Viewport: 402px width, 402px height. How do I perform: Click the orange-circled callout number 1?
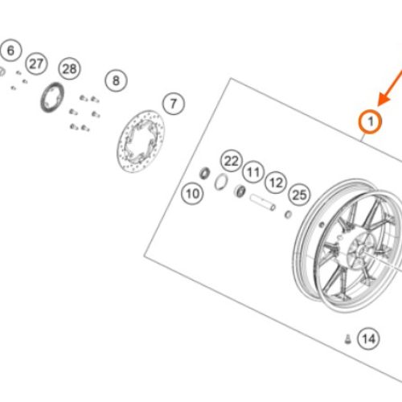point(371,121)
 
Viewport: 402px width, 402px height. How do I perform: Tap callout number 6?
point(10,51)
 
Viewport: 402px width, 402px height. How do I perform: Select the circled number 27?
point(36,64)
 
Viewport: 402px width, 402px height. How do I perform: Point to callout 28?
point(69,68)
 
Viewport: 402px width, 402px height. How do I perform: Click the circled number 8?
point(116,80)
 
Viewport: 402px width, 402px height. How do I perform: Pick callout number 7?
point(174,104)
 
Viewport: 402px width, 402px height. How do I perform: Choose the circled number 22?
point(232,161)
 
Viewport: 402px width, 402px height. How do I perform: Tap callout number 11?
point(253,172)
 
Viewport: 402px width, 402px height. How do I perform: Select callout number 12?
point(276,183)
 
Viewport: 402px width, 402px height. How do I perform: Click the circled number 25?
point(299,195)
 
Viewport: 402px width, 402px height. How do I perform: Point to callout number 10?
point(192,194)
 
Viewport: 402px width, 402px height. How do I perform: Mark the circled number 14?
point(369,338)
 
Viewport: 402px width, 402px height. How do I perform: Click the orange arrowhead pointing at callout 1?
point(384,100)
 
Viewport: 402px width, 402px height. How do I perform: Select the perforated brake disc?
point(141,142)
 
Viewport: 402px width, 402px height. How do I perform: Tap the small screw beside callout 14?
point(348,339)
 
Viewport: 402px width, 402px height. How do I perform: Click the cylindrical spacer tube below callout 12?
point(263,203)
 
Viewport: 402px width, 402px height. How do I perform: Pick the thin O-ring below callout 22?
point(221,182)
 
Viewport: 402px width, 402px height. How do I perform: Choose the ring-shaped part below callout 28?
point(52,97)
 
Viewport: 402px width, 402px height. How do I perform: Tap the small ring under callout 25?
point(288,215)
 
